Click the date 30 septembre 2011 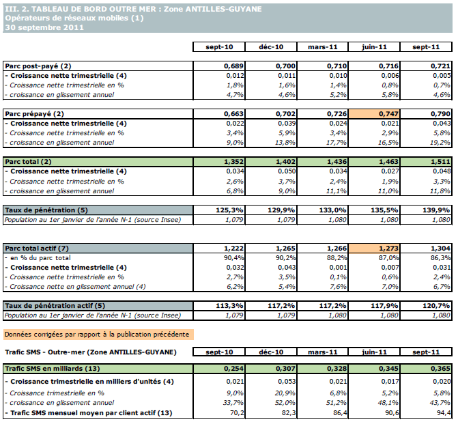[44, 27]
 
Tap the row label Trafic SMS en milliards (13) [51, 367]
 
